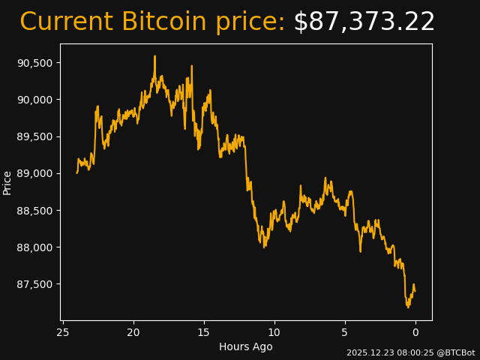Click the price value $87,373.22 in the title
(364, 22)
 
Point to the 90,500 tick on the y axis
(36, 62)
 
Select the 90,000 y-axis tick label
(36, 100)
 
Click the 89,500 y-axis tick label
(36, 136)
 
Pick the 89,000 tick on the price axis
(36, 173)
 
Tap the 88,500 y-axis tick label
(36, 211)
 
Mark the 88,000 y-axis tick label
(36, 247)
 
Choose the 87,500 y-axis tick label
(36, 284)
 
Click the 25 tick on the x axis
(63, 332)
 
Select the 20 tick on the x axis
(133, 332)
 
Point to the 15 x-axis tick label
(204, 332)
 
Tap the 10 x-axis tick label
(274, 332)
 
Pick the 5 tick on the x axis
(345, 332)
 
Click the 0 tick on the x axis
(415, 332)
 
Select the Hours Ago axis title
(246, 346)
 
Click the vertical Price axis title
(7, 182)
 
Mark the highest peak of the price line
(154, 56)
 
